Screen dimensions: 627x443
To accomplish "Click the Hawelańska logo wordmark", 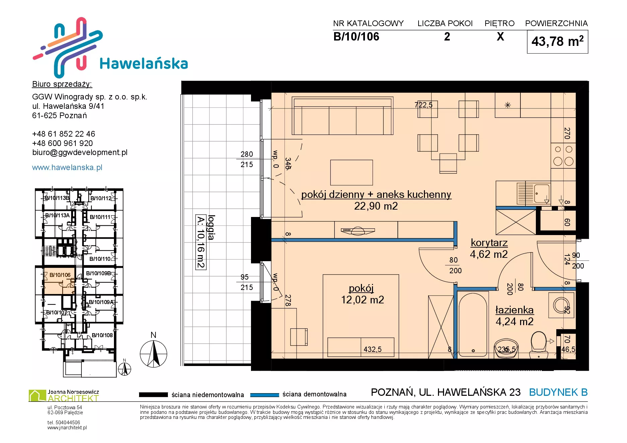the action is (144, 64).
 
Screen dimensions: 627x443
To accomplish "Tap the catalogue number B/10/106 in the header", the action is (356, 36).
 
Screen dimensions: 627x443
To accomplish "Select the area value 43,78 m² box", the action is (557, 42).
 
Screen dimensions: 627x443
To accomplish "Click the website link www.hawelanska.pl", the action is (67, 167).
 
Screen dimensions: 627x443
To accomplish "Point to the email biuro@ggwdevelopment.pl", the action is (80, 153).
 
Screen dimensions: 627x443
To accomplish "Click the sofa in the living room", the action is (342, 116).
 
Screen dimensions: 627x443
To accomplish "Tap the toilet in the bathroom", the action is (539, 345).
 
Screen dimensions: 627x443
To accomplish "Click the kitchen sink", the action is (534, 193).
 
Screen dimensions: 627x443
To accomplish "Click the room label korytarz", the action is (489, 243).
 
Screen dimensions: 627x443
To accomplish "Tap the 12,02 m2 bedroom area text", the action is (362, 300).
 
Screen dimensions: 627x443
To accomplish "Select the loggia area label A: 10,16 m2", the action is (200, 242).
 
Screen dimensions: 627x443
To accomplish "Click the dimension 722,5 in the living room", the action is (423, 105).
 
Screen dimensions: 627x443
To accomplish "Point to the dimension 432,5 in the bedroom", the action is (372, 350).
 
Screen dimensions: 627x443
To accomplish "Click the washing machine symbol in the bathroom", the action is (561, 305).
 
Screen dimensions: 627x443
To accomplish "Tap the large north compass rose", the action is (153, 354).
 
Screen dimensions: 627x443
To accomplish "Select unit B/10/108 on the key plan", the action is (102, 335).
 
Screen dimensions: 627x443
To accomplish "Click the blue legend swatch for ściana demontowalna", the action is (264, 395).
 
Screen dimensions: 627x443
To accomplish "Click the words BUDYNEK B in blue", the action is (558, 392).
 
